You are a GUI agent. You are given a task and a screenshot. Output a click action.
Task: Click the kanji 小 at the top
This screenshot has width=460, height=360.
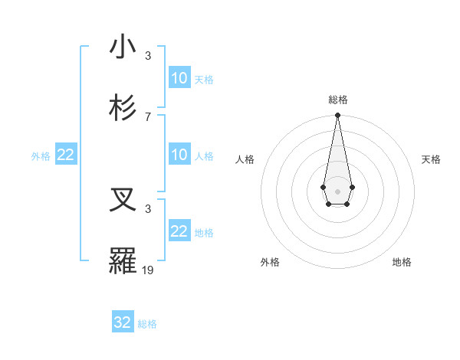[123, 47]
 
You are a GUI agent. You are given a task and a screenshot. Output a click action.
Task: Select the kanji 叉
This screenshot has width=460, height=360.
[123, 201]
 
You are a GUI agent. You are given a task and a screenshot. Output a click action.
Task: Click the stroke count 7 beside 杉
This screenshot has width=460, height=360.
[148, 116]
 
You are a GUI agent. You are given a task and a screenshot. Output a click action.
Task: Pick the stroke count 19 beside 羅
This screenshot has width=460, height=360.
[149, 270]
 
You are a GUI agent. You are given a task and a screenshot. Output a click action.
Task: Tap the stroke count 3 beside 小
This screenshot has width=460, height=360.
[148, 56]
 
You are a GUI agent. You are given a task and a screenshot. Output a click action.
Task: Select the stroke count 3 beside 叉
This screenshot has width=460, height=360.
[148, 208]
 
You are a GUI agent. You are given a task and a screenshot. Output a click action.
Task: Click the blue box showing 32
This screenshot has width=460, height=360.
[123, 322]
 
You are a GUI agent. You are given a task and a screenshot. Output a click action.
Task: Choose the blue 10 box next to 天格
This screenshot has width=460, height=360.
[179, 78]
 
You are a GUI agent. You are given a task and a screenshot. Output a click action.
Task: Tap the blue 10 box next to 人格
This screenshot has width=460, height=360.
[179, 155]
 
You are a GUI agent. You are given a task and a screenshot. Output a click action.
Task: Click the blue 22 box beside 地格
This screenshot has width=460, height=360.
[179, 231]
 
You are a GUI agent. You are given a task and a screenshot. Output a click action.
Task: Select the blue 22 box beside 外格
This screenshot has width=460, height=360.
[66, 155]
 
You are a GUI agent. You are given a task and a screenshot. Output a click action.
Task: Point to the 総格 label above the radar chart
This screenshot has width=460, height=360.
[337, 100]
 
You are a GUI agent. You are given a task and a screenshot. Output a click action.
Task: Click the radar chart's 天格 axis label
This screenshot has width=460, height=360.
[431, 159]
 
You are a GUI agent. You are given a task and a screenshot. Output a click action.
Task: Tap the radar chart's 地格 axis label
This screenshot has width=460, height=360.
[402, 262]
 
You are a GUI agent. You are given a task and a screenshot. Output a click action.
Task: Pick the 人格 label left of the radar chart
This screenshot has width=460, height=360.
[245, 159]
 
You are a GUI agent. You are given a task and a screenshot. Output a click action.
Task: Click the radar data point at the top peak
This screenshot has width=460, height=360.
[337, 116]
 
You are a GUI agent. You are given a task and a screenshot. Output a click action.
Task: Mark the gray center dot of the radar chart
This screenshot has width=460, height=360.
[337, 190]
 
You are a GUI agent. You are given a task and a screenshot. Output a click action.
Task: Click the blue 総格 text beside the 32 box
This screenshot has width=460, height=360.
[147, 324]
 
